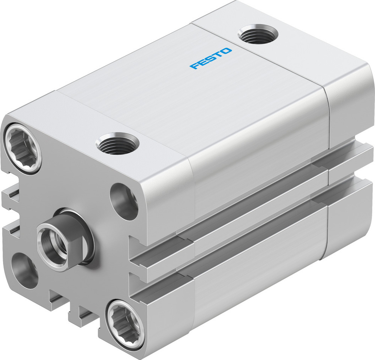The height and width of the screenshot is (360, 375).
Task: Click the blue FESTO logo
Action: tap(211, 58)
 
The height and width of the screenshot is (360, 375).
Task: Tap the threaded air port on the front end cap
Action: tap(117, 144)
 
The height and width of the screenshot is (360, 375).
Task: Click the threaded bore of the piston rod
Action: tap(50, 241)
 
